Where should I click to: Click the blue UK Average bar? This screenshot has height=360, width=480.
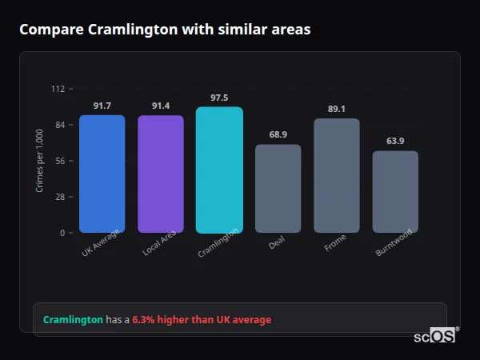click(x=102, y=174)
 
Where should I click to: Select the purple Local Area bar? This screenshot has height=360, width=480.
click(x=161, y=174)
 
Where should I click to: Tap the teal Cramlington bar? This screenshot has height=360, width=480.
click(x=219, y=170)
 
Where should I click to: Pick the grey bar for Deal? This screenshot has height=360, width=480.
click(x=278, y=189)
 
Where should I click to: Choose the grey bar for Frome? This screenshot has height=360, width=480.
click(x=336, y=175)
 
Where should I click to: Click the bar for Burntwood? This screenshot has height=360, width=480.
click(x=395, y=192)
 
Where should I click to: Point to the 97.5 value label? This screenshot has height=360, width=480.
click(x=219, y=98)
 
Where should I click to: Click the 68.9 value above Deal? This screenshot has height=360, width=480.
click(x=278, y=134)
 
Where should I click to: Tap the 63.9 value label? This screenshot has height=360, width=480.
click(x=395, y=141)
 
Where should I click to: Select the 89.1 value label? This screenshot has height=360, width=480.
click(x=336, y=110)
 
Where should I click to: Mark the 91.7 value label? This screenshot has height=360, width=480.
click(x=102, y=106)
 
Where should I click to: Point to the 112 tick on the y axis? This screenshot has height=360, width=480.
click(x=58, y=89)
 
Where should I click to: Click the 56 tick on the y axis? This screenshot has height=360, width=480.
click(x=59, y=161)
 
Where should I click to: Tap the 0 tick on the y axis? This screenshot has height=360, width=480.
click(x=62, y=233)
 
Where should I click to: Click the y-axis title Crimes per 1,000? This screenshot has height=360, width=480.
click(x=40, y=160)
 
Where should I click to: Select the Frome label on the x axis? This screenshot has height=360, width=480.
click(x=335, y=243)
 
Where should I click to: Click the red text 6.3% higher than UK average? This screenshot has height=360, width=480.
click(x=202, y=320)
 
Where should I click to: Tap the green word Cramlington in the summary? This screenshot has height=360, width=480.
click(x=73, y=320)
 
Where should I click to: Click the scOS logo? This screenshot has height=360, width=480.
click(x=435, y=335)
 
